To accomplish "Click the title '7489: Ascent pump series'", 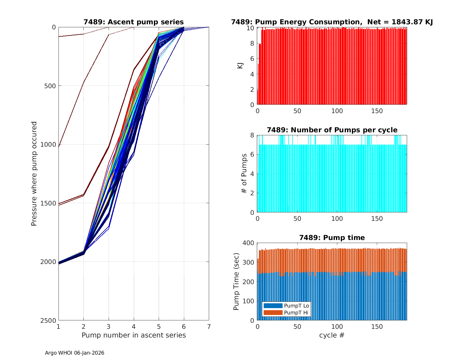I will pos(133,22).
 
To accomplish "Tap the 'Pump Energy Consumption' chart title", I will pos(332,22).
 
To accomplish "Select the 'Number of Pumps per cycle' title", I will pos(332,130).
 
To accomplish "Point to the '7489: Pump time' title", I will pos(332,238).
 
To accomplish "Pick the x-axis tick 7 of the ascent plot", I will pos(209,326).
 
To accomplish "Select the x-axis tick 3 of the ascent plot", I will pos(109,326).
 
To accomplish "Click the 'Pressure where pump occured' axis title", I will pos(34,174).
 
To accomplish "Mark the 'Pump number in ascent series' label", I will pos(133,335).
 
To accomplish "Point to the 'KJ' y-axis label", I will pos(240,66).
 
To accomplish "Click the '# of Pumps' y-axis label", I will pos(244,174).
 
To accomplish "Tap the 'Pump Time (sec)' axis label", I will pos(236,282).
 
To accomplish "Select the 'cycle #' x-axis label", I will pos(332,335).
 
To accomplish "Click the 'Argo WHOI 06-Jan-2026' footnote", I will pos(74,353).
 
